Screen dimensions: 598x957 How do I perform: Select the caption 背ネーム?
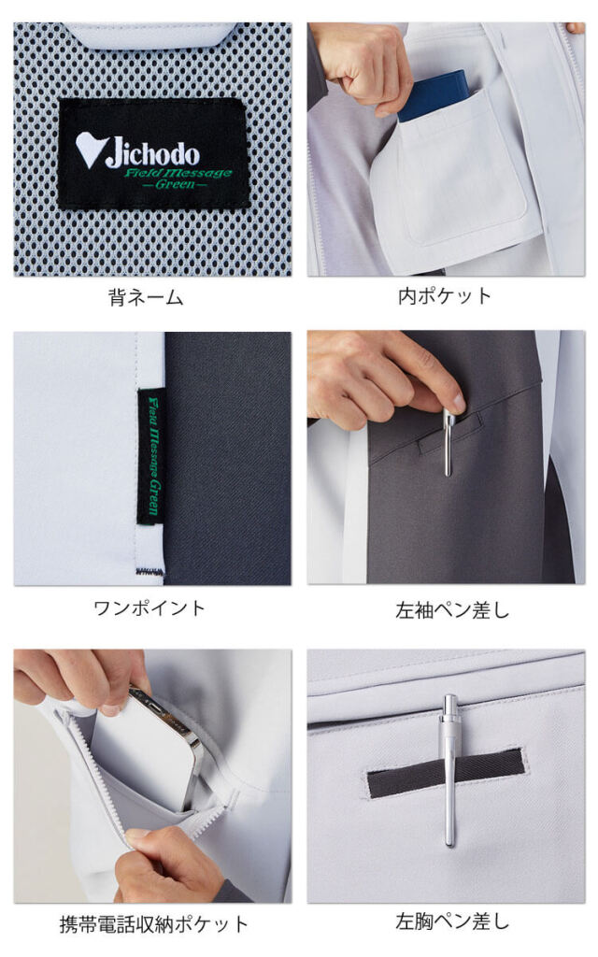[146, 297]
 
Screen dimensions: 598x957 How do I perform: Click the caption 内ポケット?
[444, 296]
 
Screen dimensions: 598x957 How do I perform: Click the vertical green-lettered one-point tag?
[151, 456]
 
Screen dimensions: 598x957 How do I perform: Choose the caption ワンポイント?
[149, 607]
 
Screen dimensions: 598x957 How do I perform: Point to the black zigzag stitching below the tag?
[149, 572]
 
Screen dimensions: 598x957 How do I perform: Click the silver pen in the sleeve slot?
[448, 442]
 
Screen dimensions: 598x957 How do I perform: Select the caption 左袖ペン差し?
[452, 609]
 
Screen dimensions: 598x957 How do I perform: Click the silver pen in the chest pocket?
[450, 770]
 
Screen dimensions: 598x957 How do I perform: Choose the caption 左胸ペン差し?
[452, 921]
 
